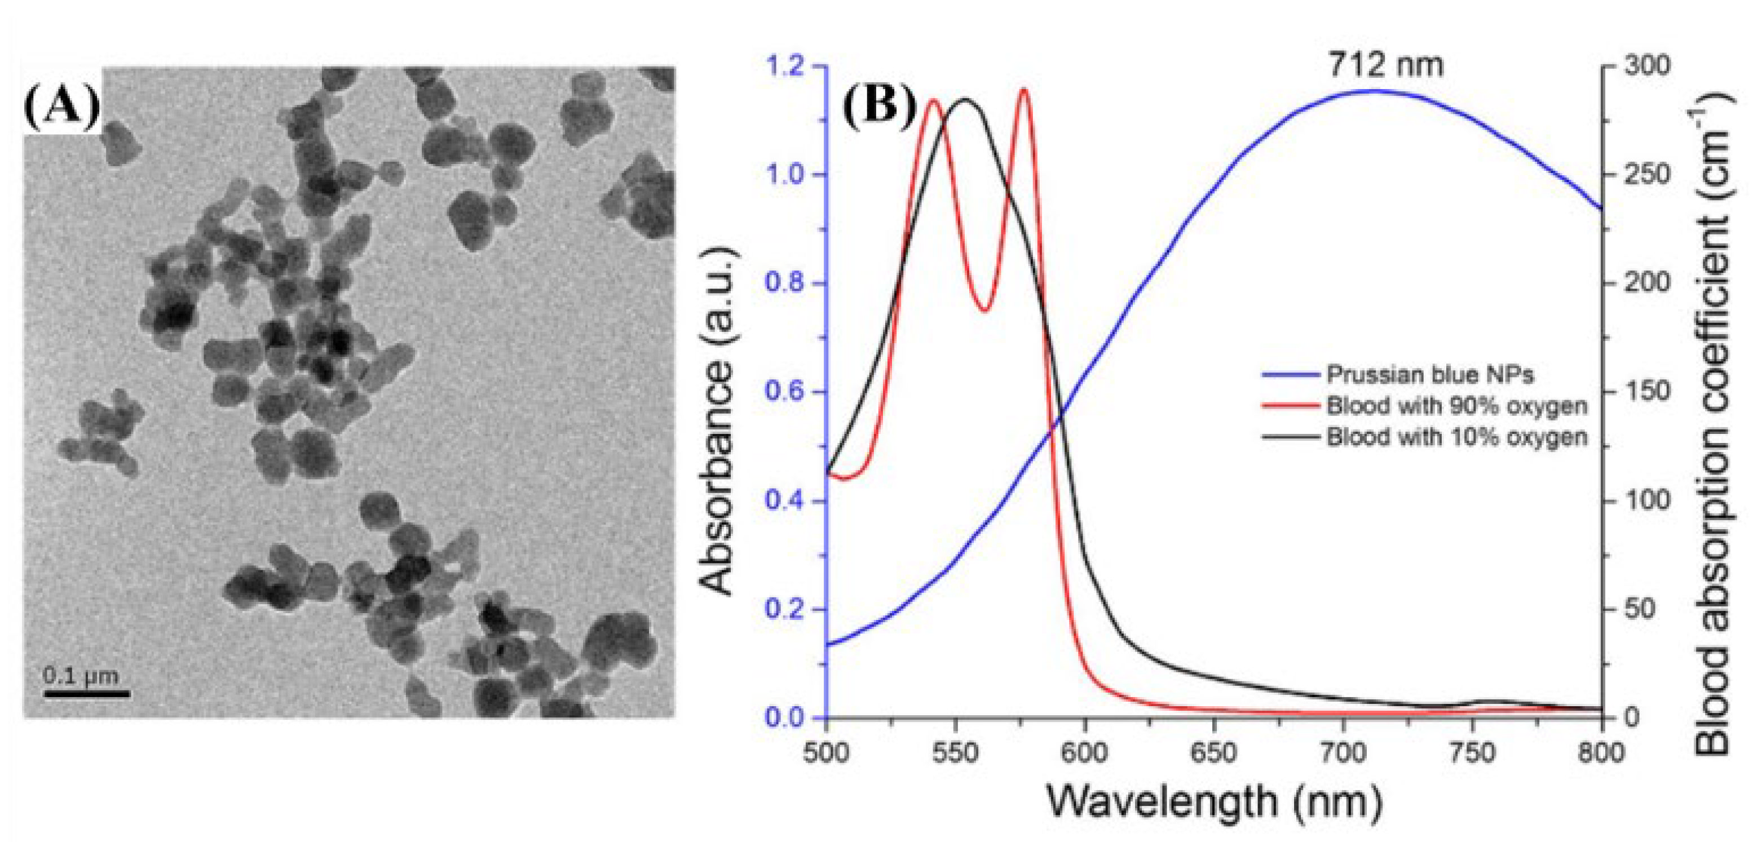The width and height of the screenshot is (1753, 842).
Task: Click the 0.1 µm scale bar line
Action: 87,694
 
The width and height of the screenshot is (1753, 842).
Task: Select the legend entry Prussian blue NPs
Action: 1429,375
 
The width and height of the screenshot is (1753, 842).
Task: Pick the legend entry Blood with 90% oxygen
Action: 1456,406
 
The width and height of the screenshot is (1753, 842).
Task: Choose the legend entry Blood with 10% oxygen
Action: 1456,437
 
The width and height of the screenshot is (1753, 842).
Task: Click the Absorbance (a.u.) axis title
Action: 717,422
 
